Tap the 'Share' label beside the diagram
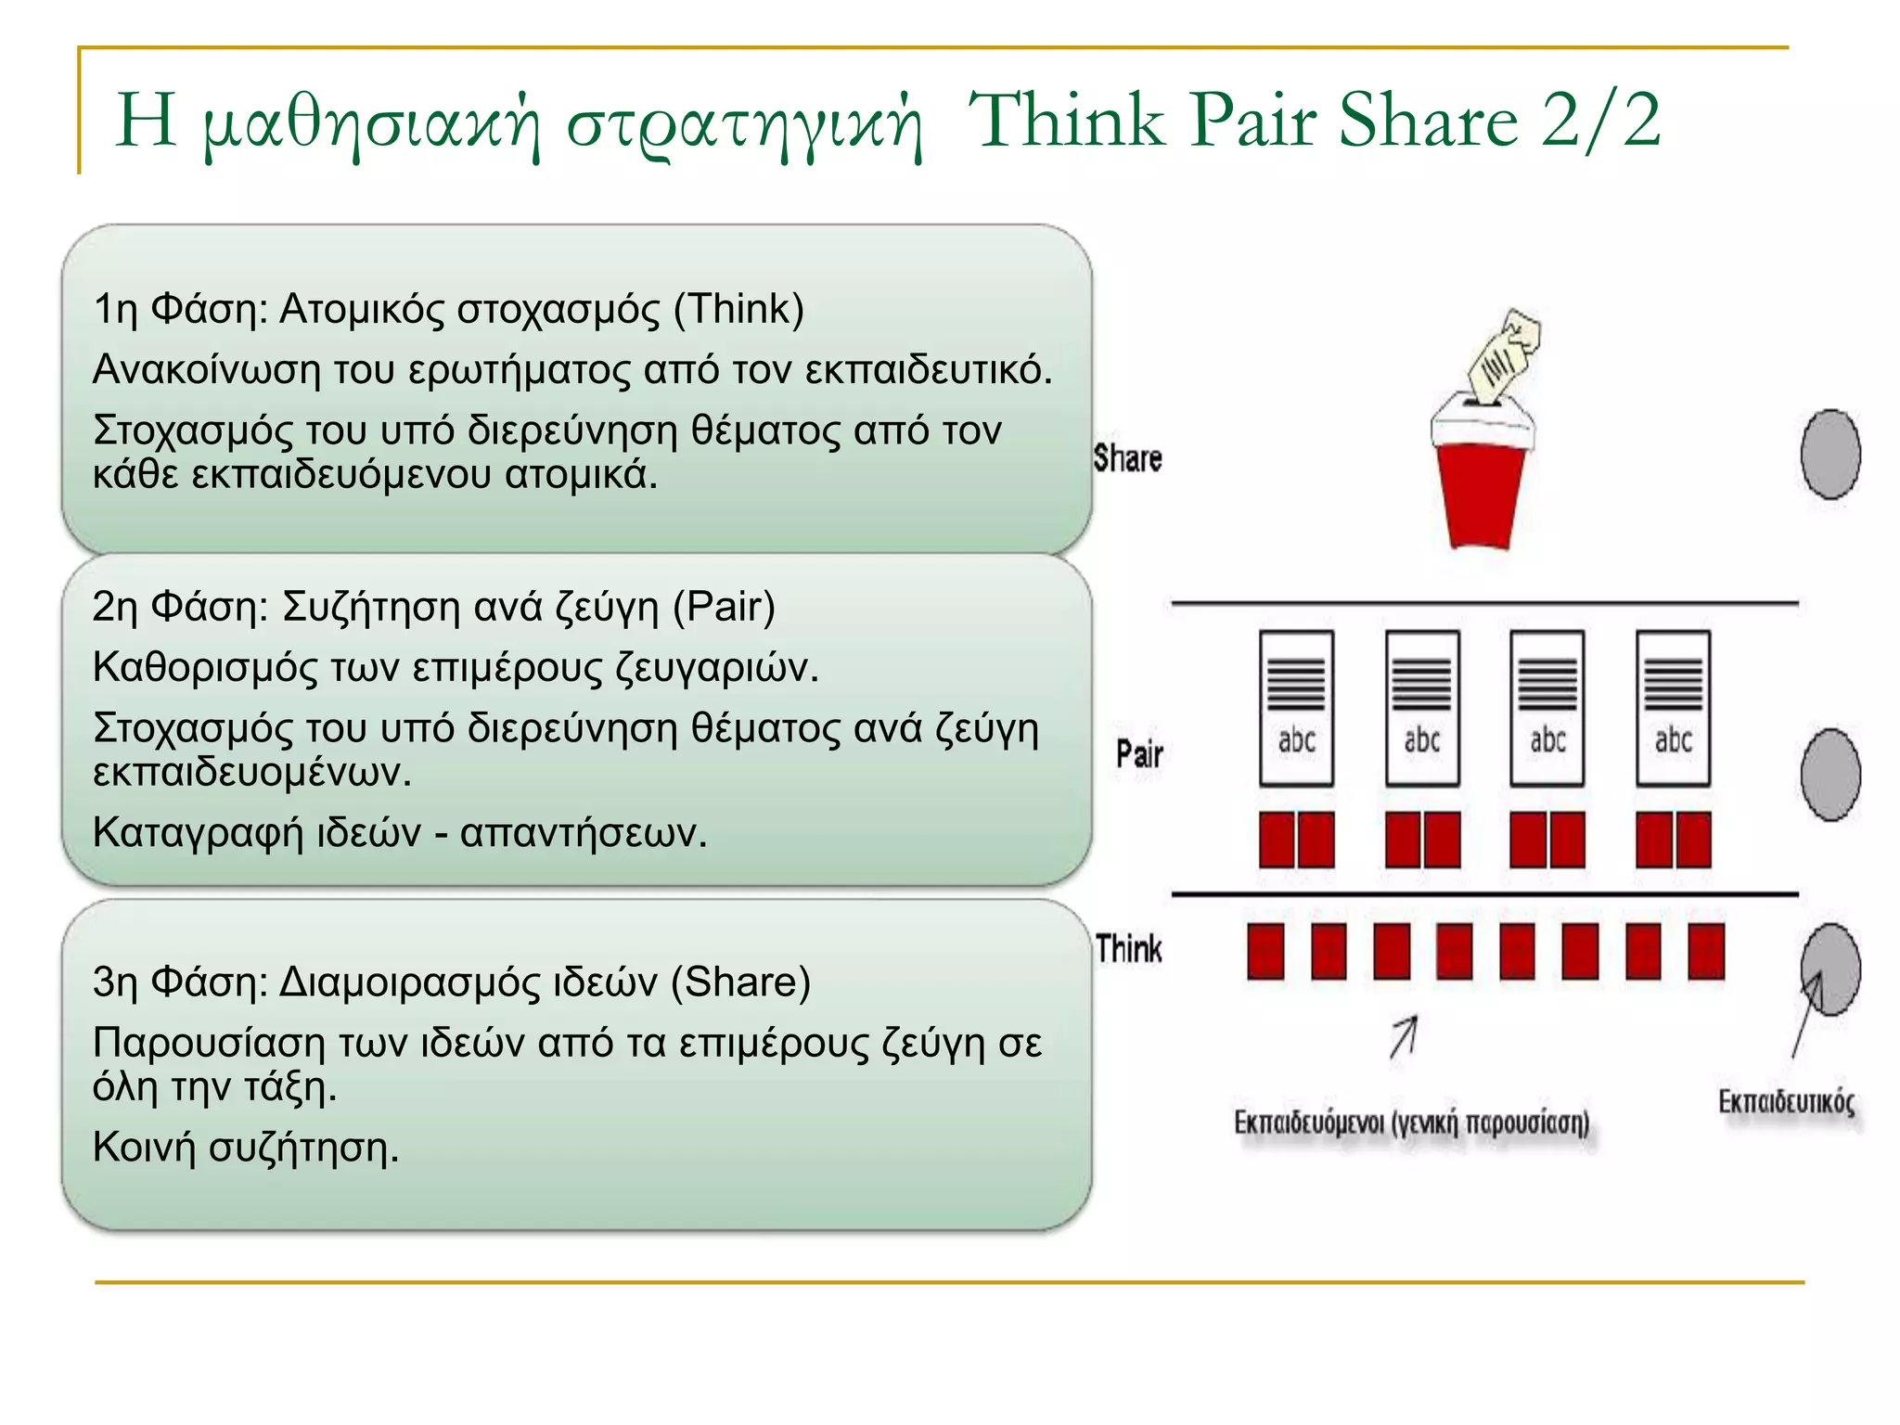pos(1127,458)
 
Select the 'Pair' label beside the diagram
pos(1139,753)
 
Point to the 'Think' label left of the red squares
pos(1128,949)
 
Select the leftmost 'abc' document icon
pos(1296,709)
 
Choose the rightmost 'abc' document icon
pos(1673,709)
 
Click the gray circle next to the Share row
pos(1829,455)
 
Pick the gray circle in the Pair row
pos(1829,775)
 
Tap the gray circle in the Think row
pos(1829,969)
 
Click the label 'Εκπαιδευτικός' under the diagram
pos(1786,1102)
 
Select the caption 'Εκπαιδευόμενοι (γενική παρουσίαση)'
pos(1411,1123)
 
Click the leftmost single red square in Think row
pos(1265,951)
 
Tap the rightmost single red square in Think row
pos(1705,951)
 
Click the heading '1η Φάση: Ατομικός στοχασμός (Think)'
pos(449,309)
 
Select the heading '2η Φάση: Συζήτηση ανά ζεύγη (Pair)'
pos(434,607)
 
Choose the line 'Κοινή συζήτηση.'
pos(246,1148)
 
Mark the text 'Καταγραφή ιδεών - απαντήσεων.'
pos(400,832)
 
